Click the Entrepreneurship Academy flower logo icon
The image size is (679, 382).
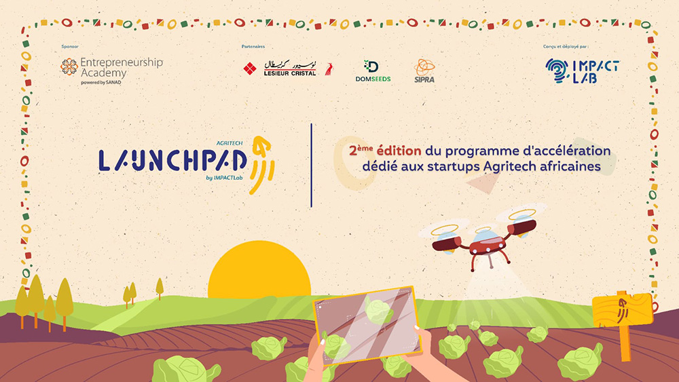(x=69, y=67)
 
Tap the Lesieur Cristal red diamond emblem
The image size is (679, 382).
(x=249, y=69)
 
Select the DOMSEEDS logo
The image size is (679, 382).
(x=373, y=71)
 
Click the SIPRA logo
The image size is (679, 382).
(x=424, y=71)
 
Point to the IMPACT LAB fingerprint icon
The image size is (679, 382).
(x=557, y=71)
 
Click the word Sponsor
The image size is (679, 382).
(x=70, y=46)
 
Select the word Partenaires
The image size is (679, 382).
(x=253, y=46)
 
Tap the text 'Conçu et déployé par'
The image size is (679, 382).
(x=565, y=46)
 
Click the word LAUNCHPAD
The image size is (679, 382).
(x=172, y=160)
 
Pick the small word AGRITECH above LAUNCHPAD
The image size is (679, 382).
(x=230, y=142)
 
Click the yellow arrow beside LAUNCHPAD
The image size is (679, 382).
(x=262, y=165)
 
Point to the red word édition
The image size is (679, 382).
(x=399, y=151)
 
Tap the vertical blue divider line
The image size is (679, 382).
(x=312, y=166)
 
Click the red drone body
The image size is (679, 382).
(x=488, y=246)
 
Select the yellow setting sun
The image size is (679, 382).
(x=259, y=269)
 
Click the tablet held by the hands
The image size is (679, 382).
(x=367, y=324)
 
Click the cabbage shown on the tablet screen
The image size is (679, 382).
(x=379, y=311)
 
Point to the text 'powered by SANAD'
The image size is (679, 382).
(x=101, y=82)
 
